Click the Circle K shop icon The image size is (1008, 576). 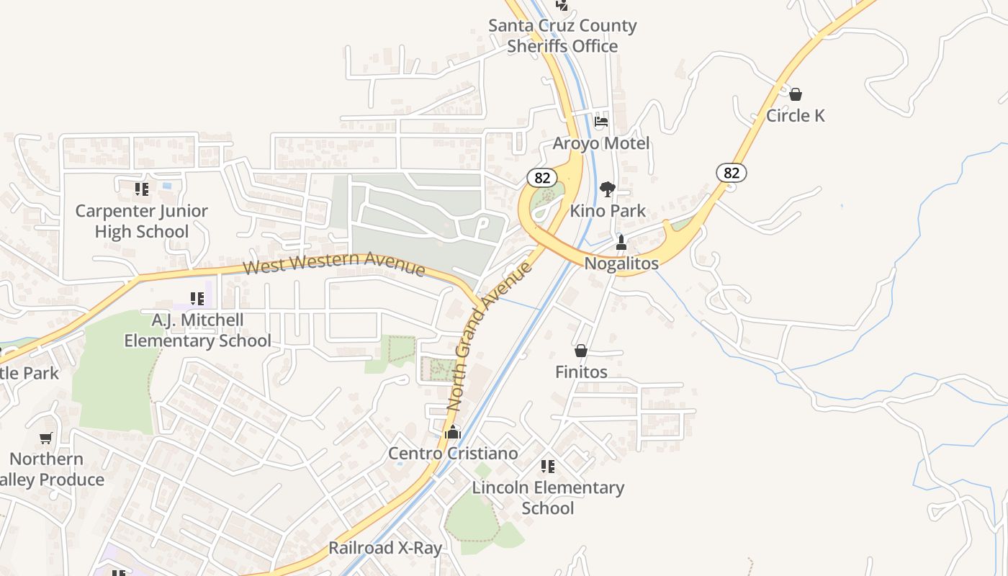pyautogui.click(x=796, y=94)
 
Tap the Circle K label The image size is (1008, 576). pyautogui.click(x=796, y=116)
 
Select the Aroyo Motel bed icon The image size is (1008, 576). pyautogui.click(x=601, y=121)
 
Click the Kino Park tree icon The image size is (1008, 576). pyautogui.click(x=608, y=189)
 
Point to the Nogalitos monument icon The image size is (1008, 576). pyautogui.click(x=621, y=243)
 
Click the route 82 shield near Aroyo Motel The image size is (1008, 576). pyautogui.click(x=542, y=177)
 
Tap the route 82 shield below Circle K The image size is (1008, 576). pyautogui.click(x=732, y=173)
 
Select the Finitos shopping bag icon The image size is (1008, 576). pyautogui.click(x=581, y=351)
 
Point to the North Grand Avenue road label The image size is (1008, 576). pyautogui.click(x=490, y=337)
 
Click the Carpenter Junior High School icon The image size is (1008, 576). pyautogui.click(x=142, y=189)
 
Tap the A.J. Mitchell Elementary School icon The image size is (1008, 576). pyautogui.click(x=197, y=298)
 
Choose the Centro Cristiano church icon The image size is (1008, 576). pyautogui.click(x=453, y=432)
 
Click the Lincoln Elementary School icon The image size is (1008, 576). pyautogui.click(x=548, y=467)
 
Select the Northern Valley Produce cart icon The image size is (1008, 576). pyautogui.click(x=46, y=438)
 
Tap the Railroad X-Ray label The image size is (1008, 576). pyautogui.click(x=385, y=548)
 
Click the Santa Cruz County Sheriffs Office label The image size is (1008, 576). pyautogui.click(x=562, y=36)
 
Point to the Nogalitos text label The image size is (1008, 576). pyautogui.click(x=621, y=264)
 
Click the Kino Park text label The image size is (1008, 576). pyautogui.click(x=608, y=211)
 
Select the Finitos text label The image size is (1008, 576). pyautogui.click(x=581, y=372)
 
